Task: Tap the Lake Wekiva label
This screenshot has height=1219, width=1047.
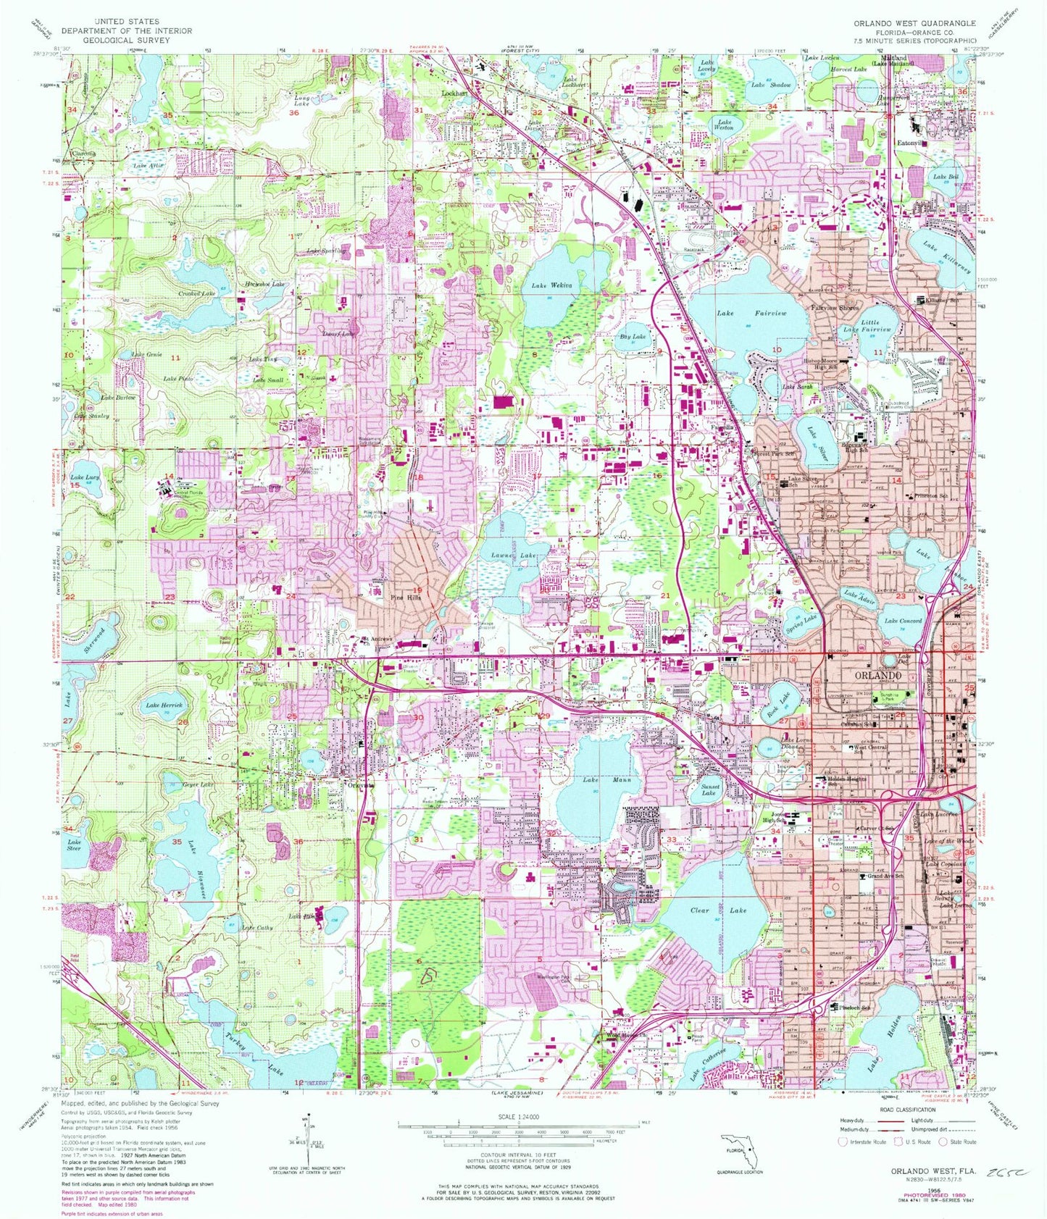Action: point(551,285)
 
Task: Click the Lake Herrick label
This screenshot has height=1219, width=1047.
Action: point(164,705)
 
